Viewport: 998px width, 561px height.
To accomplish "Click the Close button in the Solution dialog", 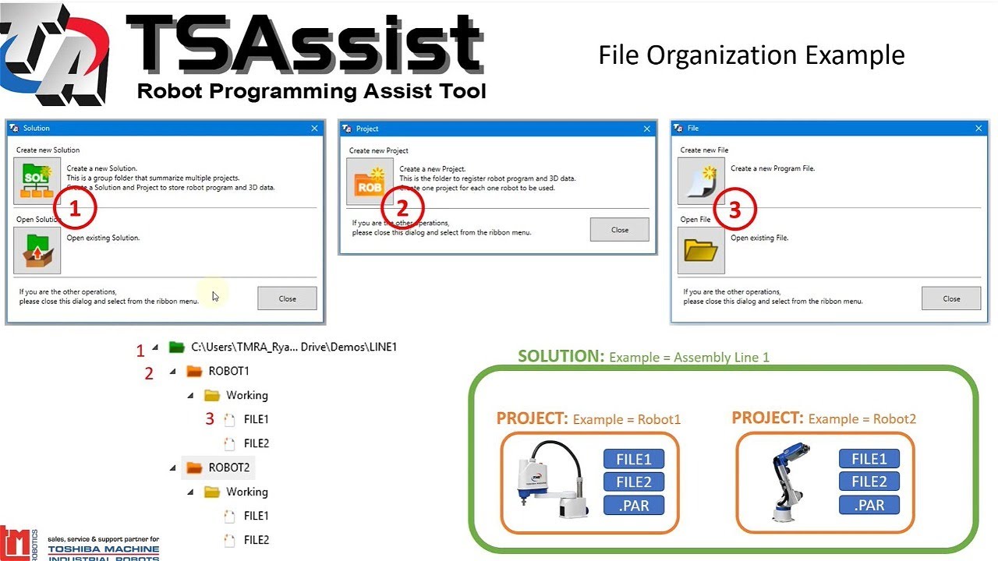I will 287,298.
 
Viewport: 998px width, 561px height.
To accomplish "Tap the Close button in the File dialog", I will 951,298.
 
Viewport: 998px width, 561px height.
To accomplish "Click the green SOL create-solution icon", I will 37,181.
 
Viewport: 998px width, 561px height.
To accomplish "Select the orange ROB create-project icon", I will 369,182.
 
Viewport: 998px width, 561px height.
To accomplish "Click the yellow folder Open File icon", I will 700,250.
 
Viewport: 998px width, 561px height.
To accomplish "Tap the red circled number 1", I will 75,209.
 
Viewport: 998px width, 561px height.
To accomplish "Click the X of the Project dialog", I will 646,129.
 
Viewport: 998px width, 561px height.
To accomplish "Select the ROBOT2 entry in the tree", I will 228,467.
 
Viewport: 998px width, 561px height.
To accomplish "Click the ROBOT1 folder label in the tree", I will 228,371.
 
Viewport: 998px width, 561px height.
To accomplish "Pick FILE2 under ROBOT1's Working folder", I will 256,443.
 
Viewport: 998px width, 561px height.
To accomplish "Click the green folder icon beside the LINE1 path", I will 176,347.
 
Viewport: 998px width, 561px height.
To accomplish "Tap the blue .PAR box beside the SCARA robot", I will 633,505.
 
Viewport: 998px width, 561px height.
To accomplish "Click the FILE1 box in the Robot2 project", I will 869,459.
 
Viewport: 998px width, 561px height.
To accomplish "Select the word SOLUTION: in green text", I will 561,356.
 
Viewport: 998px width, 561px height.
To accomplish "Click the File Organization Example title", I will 751,55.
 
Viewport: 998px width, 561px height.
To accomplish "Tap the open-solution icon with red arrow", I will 37,250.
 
